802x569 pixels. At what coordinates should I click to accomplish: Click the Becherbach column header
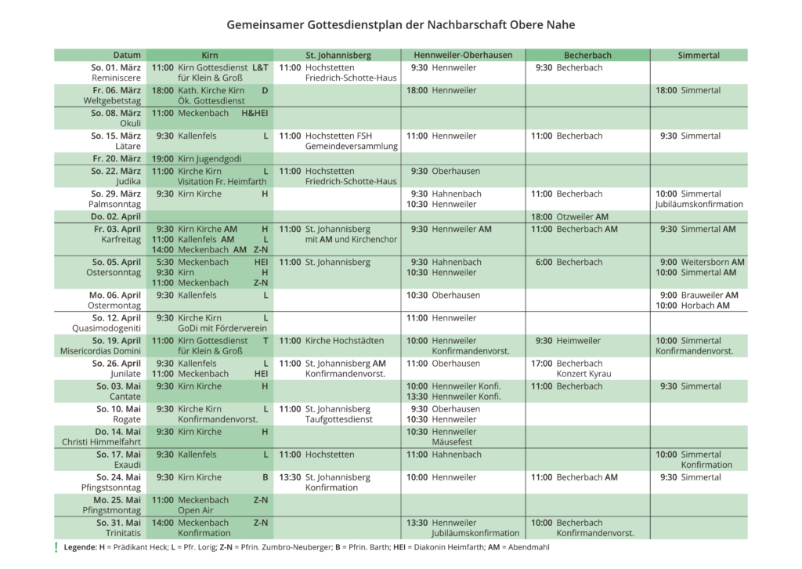[x=587, y=56]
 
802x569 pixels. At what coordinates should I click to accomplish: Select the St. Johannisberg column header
[x=338, y=56]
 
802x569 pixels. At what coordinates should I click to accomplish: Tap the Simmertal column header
[x=699, y=56]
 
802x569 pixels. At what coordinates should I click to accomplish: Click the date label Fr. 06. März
[x=116, y=91]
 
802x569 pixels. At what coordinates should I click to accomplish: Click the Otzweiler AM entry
[x=582, y=217]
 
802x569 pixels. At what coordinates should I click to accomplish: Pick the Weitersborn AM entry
[x=713, y=262]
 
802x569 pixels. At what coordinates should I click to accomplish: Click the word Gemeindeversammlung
[x=352, y=147]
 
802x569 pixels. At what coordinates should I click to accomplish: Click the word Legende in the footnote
[x=81, y=548]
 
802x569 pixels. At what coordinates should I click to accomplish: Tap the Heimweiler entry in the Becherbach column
[x=579, y=341]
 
